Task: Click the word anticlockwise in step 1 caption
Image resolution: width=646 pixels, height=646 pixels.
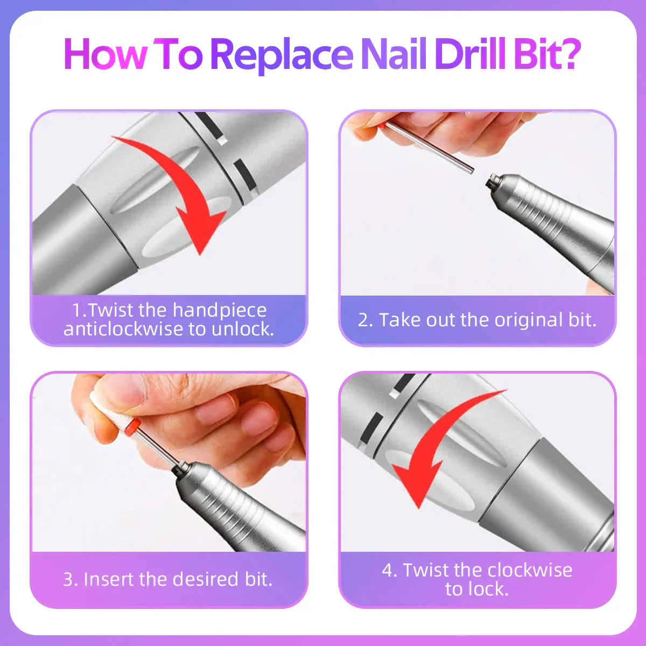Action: point(124,329)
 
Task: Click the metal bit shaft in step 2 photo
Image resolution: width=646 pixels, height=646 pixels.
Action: point(431,145)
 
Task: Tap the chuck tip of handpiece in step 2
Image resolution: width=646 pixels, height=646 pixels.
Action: point(491,181)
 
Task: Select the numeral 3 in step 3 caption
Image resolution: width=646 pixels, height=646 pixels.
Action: point(68,580)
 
